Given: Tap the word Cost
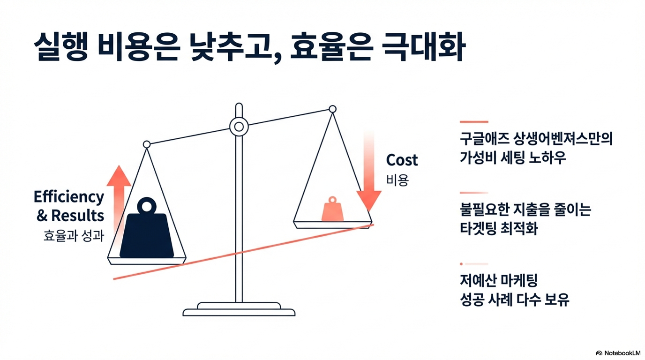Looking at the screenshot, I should [x=402, y=160].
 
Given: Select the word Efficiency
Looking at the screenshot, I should [x=68, y=197].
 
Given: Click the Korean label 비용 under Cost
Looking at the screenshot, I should [x=397, y=180].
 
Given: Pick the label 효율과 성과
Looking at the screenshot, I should [x=73, y=236].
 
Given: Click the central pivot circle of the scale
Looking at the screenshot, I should [x=239, y=126].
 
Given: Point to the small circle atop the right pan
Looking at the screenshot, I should [x=332, y=109].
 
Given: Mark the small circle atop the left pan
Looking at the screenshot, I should [x=147, y=144].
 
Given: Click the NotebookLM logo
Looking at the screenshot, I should [x=617, y=352].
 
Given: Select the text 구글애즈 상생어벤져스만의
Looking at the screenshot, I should [x=536, y=139].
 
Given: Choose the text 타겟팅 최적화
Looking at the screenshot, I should [x=498, y=229].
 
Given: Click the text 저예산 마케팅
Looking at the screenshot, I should [x=499, y=281].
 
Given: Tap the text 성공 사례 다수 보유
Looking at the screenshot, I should [x=515, y=300].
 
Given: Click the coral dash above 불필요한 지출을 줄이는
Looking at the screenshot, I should [x=474, y=193].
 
